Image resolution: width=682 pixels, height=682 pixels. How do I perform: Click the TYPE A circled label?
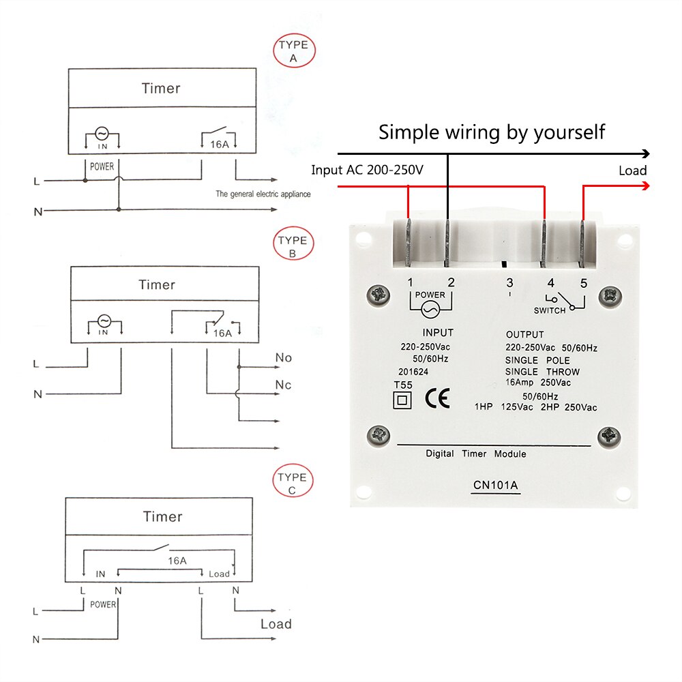click(x=294, y=52)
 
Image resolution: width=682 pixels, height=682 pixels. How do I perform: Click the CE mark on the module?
click(x=437, y=398)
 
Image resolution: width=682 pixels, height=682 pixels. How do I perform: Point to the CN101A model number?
click(x=496, y=486)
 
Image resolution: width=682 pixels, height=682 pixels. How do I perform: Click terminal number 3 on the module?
click(x=509, y=282)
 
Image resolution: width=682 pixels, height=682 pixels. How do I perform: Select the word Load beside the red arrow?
click(x=632, y=170)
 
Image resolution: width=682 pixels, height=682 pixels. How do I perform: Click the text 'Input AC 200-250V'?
click(x=367, y=170)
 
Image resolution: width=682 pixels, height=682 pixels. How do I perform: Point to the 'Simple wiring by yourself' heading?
click(x=492, y=131)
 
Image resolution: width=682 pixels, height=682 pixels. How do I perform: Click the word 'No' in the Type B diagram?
click(x=283, y=357)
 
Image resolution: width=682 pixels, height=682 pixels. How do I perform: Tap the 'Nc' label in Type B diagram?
click(x=283, y=385)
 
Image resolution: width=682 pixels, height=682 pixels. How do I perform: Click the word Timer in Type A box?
click(x=161, y=88)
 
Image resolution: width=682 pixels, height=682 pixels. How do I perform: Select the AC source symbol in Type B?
click(x=104, y=321)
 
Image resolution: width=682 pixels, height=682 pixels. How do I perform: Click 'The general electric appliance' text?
click(x=263, y=194)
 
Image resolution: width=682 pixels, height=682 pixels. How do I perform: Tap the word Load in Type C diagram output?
click(x=276, y=624)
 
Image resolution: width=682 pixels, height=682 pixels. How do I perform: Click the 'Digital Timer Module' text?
click(x=475, y=454)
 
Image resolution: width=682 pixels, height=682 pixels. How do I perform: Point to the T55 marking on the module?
click(x=403, y=385)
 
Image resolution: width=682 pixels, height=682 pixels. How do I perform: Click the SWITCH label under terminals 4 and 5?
click(x=550, y=310)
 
